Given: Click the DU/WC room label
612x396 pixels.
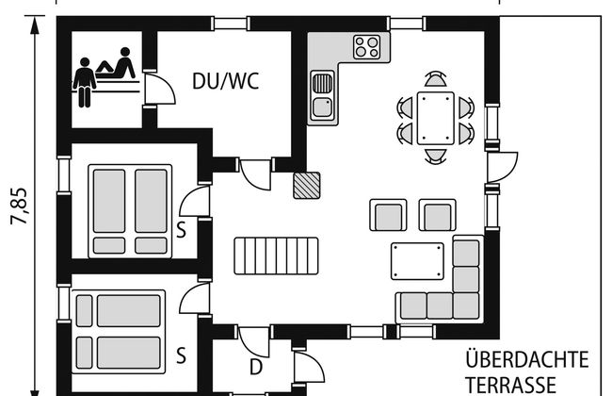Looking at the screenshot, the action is [x=226, y=81].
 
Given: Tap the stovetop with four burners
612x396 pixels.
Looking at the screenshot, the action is [x=366, y=47].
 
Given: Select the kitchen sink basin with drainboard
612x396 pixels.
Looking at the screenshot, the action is [x=323, y=94].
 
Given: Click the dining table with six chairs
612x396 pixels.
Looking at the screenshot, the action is [x=436, y=118].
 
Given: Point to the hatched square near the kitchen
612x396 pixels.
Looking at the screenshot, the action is [x=307, y=186].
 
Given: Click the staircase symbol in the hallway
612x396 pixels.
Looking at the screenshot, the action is [x=276, y=256].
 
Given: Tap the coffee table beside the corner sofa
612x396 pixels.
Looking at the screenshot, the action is [x=417, y=261].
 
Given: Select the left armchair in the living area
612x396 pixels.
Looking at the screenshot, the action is [x=388, y=215].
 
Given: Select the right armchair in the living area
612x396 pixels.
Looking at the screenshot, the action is [x=438, y=215].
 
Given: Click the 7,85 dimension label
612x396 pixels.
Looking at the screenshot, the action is [x=20, y=206].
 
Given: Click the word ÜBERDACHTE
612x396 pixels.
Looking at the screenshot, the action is [x=527, y=359].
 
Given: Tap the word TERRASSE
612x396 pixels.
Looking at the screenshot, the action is [x=511, y=385].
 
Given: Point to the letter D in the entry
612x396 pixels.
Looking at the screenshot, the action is [x=256, y=368].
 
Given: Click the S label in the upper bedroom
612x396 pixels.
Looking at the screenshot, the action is [x=181, y=230].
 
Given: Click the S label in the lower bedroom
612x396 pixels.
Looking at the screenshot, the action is [x=181, y=355].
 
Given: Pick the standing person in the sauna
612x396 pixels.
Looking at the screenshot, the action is [x=85, y=82].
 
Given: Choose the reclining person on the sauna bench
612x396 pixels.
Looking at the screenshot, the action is [x=116, y=64].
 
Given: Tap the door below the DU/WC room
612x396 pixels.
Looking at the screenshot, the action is [x=253, y=176].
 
